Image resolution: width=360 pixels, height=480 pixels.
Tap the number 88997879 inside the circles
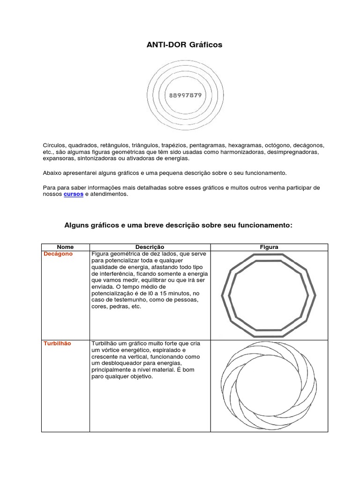(185, 95)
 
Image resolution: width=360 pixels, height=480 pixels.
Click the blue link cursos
(74, 194)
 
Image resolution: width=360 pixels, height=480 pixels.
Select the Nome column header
(65, 247)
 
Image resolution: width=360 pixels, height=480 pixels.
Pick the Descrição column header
(150, 247)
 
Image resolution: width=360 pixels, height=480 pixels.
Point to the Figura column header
(269, 247)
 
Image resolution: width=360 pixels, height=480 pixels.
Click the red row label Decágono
(58, 254)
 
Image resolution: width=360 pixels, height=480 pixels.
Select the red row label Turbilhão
(57, 344)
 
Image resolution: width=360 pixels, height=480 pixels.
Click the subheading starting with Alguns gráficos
(178, 225)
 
